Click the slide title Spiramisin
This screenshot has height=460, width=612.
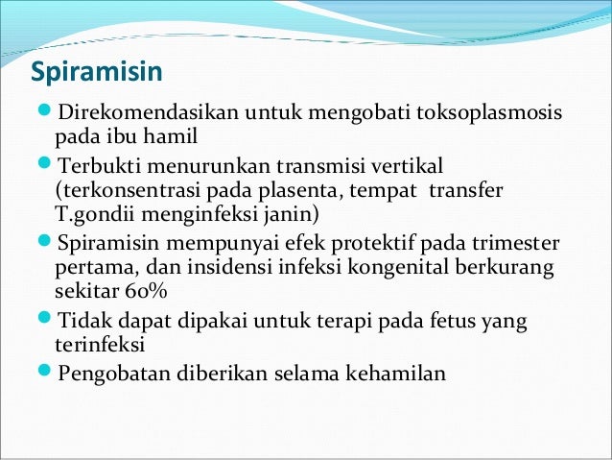point(96,73)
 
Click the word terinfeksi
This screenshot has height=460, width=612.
point(99,344)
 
